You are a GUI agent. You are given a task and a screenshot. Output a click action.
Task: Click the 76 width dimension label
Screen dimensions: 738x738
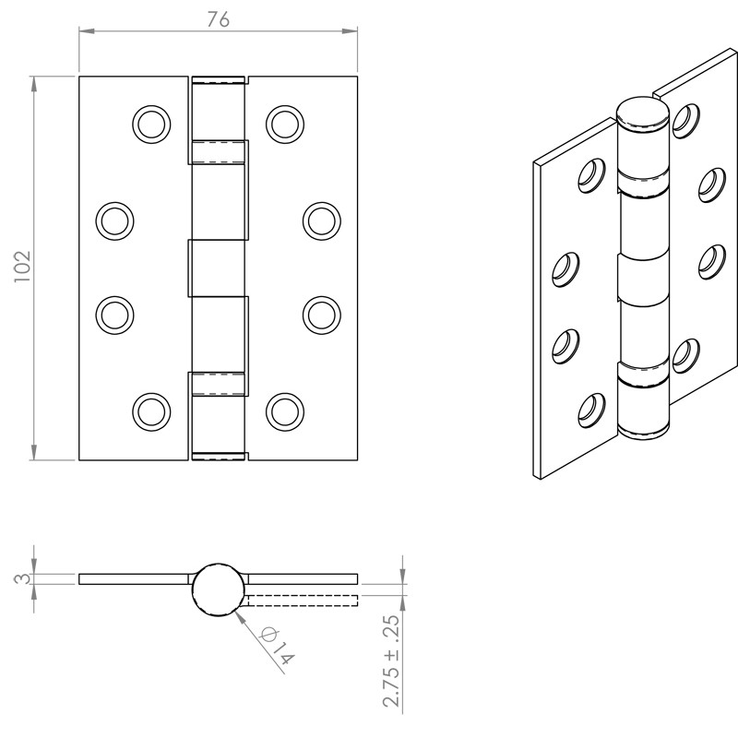pos(219,19)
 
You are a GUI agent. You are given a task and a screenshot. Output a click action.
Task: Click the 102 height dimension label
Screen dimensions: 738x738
pos(22,267)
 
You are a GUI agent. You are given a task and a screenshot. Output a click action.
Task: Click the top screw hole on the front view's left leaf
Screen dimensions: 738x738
pos(151,125)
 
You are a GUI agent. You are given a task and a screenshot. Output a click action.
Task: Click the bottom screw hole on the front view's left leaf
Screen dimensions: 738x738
pos(151,411)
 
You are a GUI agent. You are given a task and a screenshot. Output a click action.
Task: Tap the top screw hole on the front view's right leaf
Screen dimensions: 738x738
pos(285,125)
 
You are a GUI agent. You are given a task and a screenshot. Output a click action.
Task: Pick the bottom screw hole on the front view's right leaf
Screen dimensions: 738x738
pos(285,411)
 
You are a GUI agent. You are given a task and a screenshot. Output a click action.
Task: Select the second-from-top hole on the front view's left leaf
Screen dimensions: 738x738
pos(114,220)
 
